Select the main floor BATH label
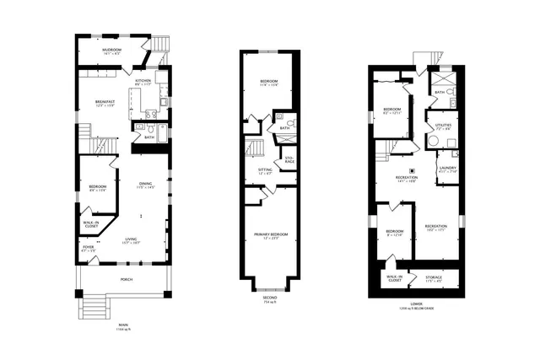tap(148, 137)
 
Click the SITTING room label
tap(264, 171)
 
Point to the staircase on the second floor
tap(255, 150)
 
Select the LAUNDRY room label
tap(447, 169)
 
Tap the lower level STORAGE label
tap(434, 277)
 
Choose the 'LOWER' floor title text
tap(416, 305)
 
